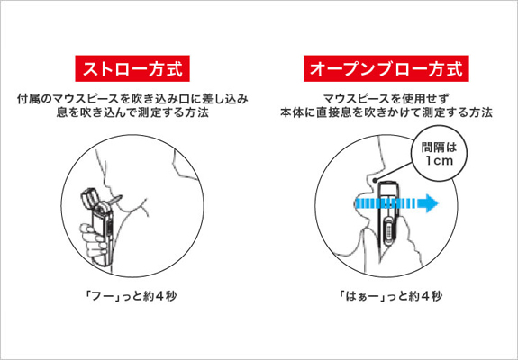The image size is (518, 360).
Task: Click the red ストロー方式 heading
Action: (132, 68)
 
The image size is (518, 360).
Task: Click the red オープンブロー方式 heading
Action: (386, 68)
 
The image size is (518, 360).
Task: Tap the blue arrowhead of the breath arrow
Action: (430, 203)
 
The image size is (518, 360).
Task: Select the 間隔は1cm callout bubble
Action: (439, 153)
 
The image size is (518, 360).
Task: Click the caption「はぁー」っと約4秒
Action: (390, 296)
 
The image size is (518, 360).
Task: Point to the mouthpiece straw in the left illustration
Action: (115, 200)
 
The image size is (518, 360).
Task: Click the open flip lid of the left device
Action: (90, 198)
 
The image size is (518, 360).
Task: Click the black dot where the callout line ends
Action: (374, 180)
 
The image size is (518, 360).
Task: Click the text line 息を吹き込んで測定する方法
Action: (132, 112)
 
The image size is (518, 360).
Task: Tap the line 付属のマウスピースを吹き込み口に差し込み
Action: (132, 99)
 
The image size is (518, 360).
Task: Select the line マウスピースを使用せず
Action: (386, 99)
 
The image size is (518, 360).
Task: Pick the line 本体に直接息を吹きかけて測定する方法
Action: (386, 112)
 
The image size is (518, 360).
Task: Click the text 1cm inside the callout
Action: (439, 161)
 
